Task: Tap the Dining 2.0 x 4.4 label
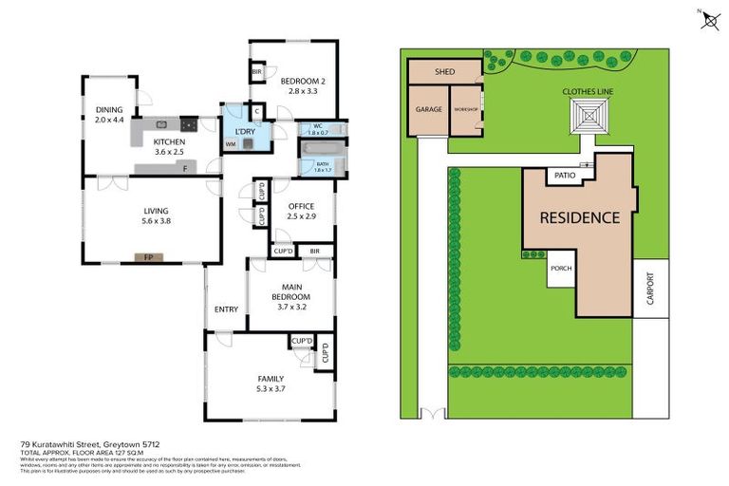click(109, 115)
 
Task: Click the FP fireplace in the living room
click(147, 257)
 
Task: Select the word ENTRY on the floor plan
click(226, 309)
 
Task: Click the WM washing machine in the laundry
click(231, 144)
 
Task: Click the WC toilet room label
click(316, 129)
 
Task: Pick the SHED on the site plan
click(444, 72)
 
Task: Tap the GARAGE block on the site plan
click(428, 110)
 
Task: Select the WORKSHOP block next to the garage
click(465, 110)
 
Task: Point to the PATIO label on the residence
click(565, 176)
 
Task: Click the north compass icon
click(710, 20)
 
